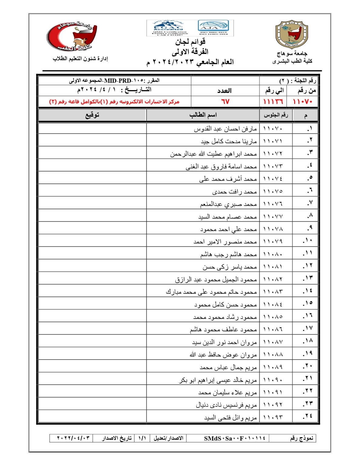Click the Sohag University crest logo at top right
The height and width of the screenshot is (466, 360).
click(x=291, y=34)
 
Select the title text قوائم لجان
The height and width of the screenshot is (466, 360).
click(x=190, y=42)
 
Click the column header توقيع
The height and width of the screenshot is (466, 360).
click(x=92, y=115)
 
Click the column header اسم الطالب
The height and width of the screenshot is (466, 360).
click(x=203, y=115)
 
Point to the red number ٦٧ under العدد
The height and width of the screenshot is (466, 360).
click(x=225, y=102)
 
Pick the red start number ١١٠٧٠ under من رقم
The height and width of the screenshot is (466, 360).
click(x=303, y=102)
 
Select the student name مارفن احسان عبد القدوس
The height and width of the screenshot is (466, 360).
click(x=225, y=129)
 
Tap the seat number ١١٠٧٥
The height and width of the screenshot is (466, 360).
click(x=273, y=191)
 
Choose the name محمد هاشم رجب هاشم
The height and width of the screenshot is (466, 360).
click(x=228, y=254)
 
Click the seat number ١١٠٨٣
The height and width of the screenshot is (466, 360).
click(x=273, y=292)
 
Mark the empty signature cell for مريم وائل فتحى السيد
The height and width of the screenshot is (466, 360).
click(x=92, y=417)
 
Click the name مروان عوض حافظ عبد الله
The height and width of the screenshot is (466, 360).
click(x=223, y=355)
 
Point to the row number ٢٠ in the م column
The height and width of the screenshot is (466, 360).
click(x=308, y=366)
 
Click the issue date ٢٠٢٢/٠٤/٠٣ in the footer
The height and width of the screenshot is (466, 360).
click(x=73, y=438)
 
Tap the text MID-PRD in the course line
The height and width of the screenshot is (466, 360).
click(x=118, y=81)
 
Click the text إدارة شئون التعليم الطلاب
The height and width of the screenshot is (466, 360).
click(x=80, y=59)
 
